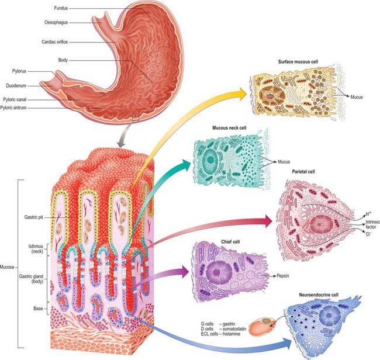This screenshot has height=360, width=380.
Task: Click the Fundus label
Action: coord(61,8)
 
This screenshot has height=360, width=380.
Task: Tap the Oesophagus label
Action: coord(56,23)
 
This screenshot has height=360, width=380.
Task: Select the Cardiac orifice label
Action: coord(54,42)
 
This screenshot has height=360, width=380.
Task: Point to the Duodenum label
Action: coord(16,85)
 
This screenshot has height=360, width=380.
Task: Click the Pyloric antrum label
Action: coord(13,108)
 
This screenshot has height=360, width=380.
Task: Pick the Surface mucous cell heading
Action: coord(298,61)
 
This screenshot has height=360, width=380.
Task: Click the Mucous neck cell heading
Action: coord(229,127)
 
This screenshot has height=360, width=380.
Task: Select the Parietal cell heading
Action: coord(303,171)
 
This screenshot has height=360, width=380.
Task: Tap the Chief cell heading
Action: coord(230,241)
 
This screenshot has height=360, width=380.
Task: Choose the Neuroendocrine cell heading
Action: coord(319,295)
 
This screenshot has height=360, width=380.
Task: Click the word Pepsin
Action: coord(283,276)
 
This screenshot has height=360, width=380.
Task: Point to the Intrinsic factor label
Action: coord(371,224)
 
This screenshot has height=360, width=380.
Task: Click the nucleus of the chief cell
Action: coord(217,272)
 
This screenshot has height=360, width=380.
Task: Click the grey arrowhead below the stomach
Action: coord(120,143)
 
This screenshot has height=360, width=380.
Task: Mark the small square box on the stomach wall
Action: coord(136,117)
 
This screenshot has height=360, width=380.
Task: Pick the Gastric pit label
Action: coord(33,217)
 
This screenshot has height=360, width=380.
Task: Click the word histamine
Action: coord(232,334)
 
